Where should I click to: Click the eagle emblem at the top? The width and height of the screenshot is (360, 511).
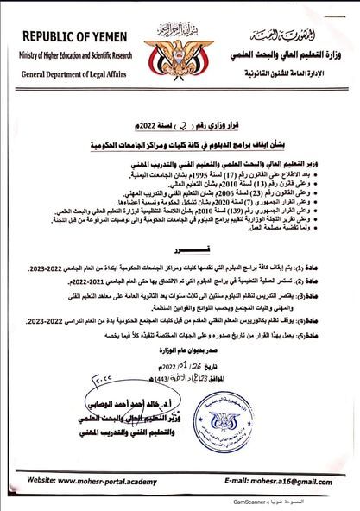coord(178,43)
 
